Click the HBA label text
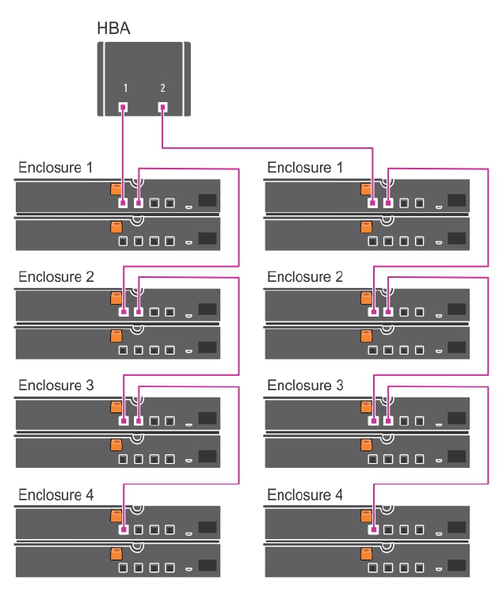coord(113,28)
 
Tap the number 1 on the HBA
coord(124,86)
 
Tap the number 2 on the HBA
coord(162,86)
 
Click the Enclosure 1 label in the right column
coord(305,168)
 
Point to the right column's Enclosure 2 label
coord(305,277)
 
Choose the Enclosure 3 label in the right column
coord(305,385)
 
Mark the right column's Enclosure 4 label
coord(305,495)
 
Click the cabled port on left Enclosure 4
coord(124,530)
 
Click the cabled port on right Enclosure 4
coord(373,530)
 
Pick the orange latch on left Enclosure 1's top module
coord(116,190)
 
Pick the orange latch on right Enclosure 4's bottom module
coord(366,553)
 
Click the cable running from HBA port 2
coord(269,146)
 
